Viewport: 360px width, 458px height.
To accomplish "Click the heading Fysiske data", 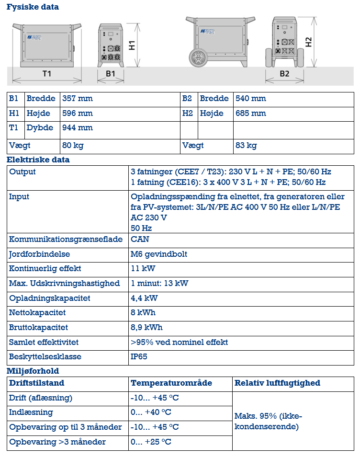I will click(x=33, y=7).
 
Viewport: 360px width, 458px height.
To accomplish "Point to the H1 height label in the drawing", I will click(x=133, y=46).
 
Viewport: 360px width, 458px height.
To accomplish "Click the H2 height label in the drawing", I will click(x=309, y=42).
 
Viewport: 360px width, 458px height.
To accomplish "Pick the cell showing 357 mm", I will click(x=78, y=99).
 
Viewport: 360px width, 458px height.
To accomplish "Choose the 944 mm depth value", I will click(x=78, y=128).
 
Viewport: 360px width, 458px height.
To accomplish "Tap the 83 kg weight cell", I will click(x=246, y=146).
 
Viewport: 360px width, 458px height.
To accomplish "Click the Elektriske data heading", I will click(x=38, y=160).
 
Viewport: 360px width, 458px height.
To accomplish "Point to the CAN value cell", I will click(x=140, y=239).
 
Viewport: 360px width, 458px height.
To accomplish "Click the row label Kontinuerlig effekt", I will click(x=45, y=269).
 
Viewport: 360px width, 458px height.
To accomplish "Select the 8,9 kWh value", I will click(x=146, y=328).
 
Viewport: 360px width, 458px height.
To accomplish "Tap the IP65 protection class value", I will click(x=139, y=357).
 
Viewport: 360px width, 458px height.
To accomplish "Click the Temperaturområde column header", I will click(x=171, y=383).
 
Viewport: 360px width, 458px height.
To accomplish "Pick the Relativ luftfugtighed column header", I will click(x=277, y=383).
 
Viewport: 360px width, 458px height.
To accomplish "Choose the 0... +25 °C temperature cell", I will click(x=151, y=442).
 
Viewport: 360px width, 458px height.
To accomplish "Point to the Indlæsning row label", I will click(x=31, y=412).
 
